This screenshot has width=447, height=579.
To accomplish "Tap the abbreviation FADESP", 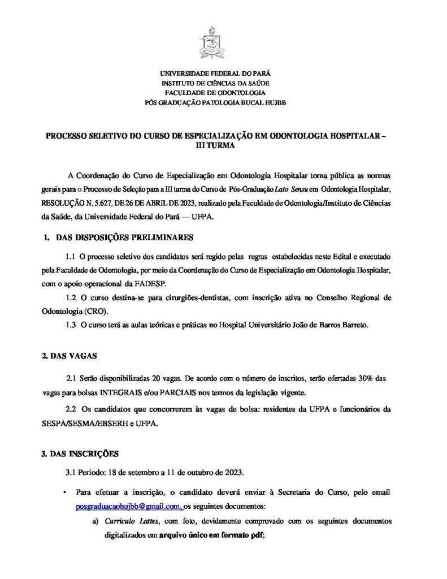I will click(149, 283).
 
